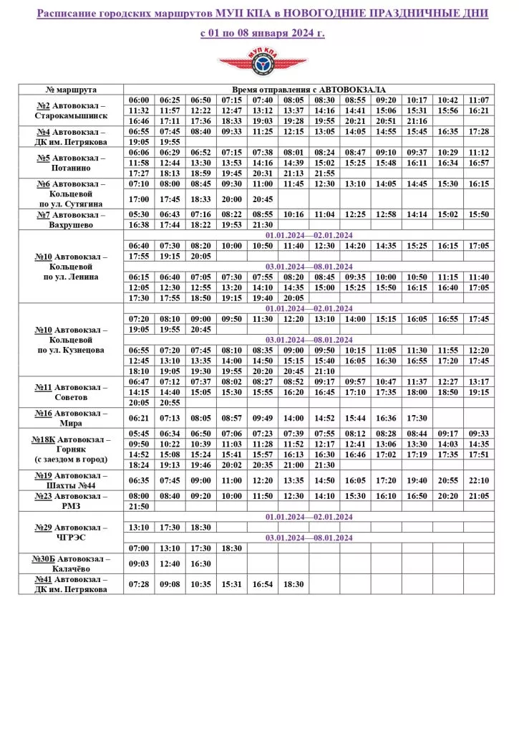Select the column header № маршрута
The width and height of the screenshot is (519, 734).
(71, 89)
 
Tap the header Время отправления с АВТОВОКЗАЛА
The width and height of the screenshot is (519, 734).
(309, 89)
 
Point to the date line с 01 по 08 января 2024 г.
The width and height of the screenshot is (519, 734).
(262, 33)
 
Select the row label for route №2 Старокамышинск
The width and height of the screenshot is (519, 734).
(71, 110)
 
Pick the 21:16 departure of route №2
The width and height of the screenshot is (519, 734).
(417, 121)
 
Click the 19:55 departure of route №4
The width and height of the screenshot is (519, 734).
(170, 142)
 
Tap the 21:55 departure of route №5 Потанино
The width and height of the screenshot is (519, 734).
(324, 173)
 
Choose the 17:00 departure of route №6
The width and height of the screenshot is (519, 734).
(139, 199)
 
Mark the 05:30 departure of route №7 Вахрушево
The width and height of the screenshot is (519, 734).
(139, 214)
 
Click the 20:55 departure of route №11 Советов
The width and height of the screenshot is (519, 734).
(170, 403)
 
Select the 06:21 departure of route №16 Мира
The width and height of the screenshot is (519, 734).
(139, 418)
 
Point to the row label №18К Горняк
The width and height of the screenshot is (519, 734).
(71, 449)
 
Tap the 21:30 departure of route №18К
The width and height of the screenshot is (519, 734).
(324, 464)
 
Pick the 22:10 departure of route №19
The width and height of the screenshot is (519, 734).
(478, 480)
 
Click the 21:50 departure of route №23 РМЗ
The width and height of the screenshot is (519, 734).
(139, 506)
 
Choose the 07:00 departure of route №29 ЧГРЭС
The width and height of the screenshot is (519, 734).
(139, 548)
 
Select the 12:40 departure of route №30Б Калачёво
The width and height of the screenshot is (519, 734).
(170, 563)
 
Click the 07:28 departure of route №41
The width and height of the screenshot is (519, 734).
(139, 584)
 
